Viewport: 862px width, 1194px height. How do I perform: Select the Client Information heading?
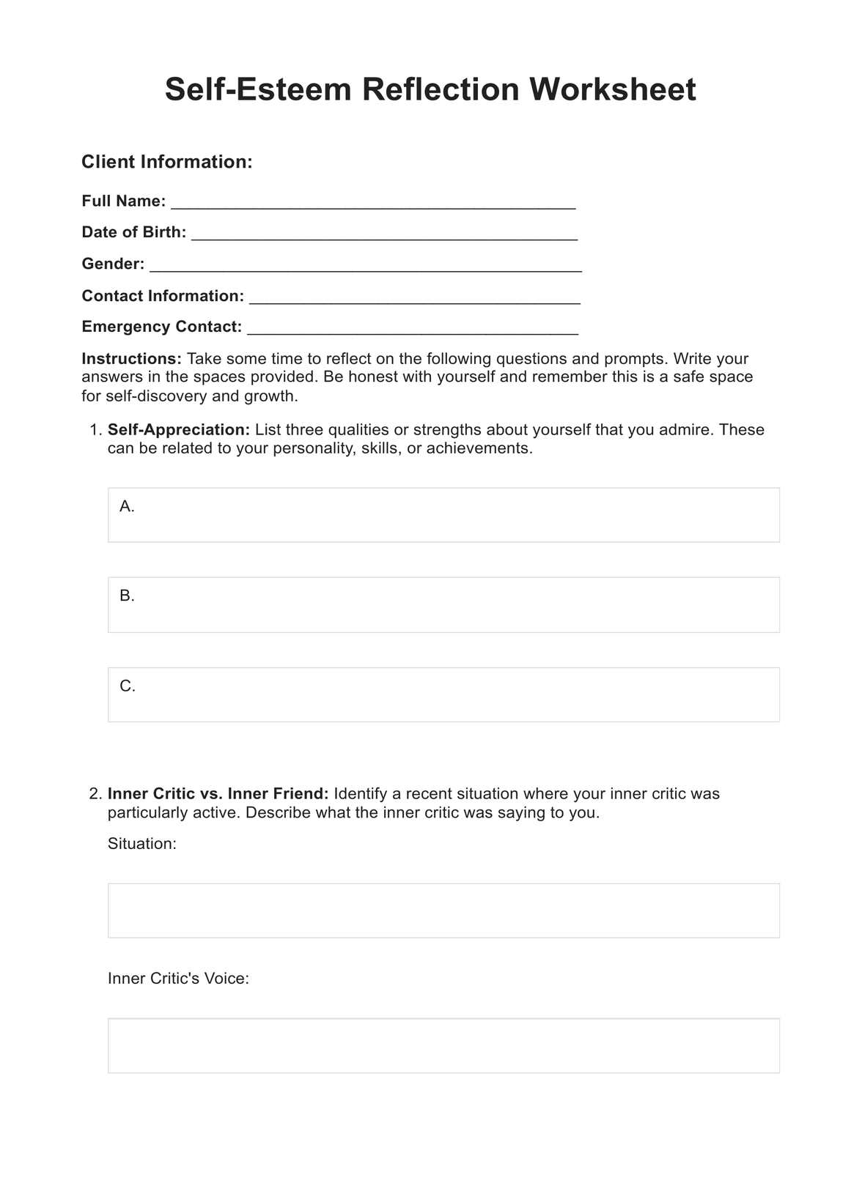click(x=166, y=162)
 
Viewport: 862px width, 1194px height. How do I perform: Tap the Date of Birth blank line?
click(x=384, y=234)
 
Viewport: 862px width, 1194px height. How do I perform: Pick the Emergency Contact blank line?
click(x=413, y=328)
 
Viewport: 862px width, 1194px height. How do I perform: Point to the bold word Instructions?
click(x=131, y=359)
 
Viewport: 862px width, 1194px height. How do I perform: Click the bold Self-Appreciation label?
click(x=179, y=430)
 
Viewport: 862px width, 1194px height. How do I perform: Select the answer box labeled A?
click(x=443, y=515)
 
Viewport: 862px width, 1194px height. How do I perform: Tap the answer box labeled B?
click(x=443, y=604)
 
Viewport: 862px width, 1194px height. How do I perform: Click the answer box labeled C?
click(x=443, y=694)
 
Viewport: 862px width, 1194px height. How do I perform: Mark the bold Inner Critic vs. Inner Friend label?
click(x=218, y=794)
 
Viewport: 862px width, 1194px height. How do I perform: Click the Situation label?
click(x=142, y=844)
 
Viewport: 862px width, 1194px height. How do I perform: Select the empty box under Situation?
click(x=443, y=911)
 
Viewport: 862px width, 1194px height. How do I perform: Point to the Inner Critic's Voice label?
click(x=178, y=979)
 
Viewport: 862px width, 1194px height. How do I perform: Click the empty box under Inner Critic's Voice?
click(x=443, y=1045)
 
